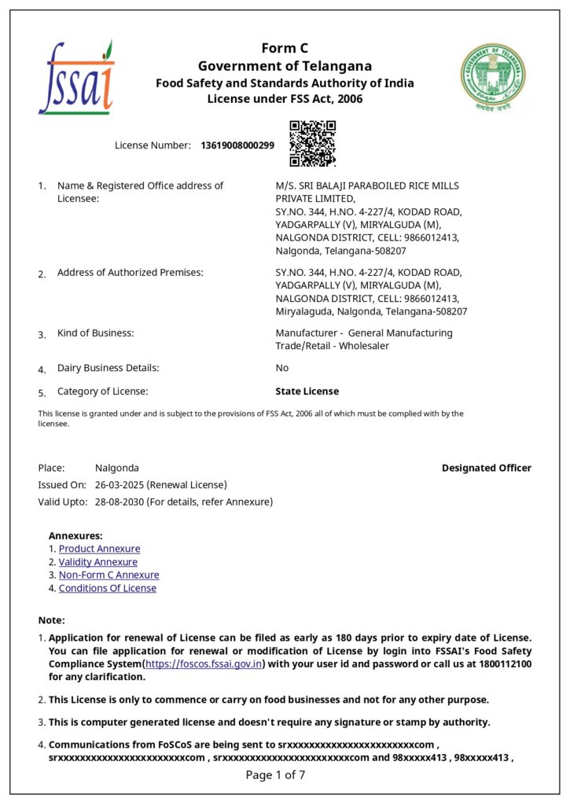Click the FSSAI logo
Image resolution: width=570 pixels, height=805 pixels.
tap(75, 79)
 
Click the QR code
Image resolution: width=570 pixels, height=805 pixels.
tap(312, 143)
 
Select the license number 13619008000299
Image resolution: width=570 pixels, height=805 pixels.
tap(237, 145)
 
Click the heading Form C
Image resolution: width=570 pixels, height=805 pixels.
tap(285, 49)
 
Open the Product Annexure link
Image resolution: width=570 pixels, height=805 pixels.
tap(99, 549)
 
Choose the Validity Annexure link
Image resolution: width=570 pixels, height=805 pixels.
tap(97, 562)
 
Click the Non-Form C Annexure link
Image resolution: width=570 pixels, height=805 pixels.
tap(108, 575)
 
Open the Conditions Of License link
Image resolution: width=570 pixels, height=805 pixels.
tap(107, 588)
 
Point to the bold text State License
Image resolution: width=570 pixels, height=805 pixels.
tap(307, 391)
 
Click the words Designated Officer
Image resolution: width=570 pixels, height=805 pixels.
tap(486, 468)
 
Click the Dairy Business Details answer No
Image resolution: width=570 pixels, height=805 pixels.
tap(281, 368)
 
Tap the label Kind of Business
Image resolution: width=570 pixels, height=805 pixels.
tap(95, 333)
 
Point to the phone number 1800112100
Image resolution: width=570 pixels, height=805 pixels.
tap(503, 664)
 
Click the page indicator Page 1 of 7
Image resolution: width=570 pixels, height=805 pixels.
tap(275, 775)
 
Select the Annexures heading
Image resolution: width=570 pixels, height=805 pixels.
tap(75, 535)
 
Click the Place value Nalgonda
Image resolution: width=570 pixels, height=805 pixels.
tap(116, 468)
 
